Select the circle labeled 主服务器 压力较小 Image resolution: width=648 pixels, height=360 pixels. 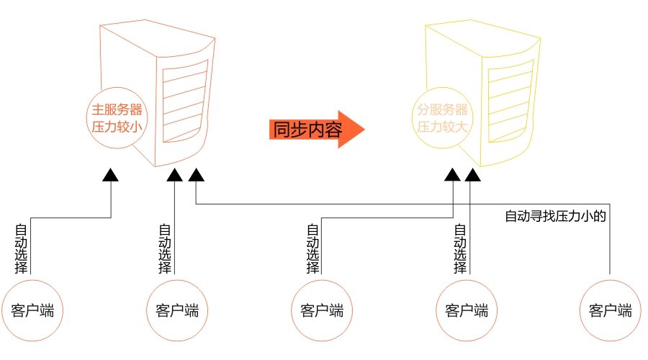click(116, 118)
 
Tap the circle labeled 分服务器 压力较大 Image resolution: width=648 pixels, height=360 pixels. click(442, 118)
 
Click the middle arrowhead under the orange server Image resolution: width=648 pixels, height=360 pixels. click(176, 175)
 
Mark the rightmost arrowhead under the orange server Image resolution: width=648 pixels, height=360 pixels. click(197, 175)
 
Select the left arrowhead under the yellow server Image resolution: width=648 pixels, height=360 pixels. click(451, 175)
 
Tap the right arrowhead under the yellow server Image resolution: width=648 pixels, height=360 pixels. click(472, 175)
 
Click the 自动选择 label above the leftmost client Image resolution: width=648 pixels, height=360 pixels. click(22, 248)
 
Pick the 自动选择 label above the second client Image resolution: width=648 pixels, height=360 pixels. click(166, 248)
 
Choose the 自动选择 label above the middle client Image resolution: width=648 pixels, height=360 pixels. click(312, 248)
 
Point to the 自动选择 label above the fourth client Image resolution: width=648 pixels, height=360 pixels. click(459, 248)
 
